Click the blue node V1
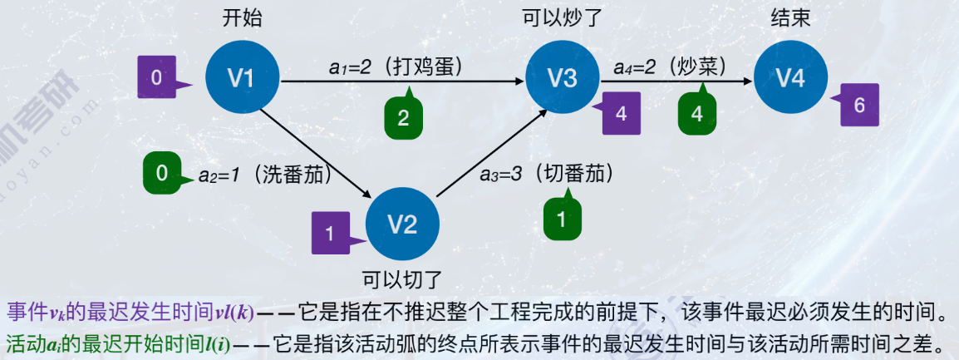pos(241,78)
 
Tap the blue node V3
pos(563,78)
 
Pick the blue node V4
pos(790,78)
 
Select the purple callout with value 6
pos(859,106)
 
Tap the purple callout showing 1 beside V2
pos(330,234)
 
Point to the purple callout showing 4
pos(622,114)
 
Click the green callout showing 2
pos(403,117)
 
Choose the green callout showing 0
pos(163,173)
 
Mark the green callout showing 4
pos(697,113)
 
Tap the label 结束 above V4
pos(789,17)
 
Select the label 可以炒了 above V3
pos(562,17)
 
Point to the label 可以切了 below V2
pos(402,278)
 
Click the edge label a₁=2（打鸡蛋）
pos(396,65)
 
